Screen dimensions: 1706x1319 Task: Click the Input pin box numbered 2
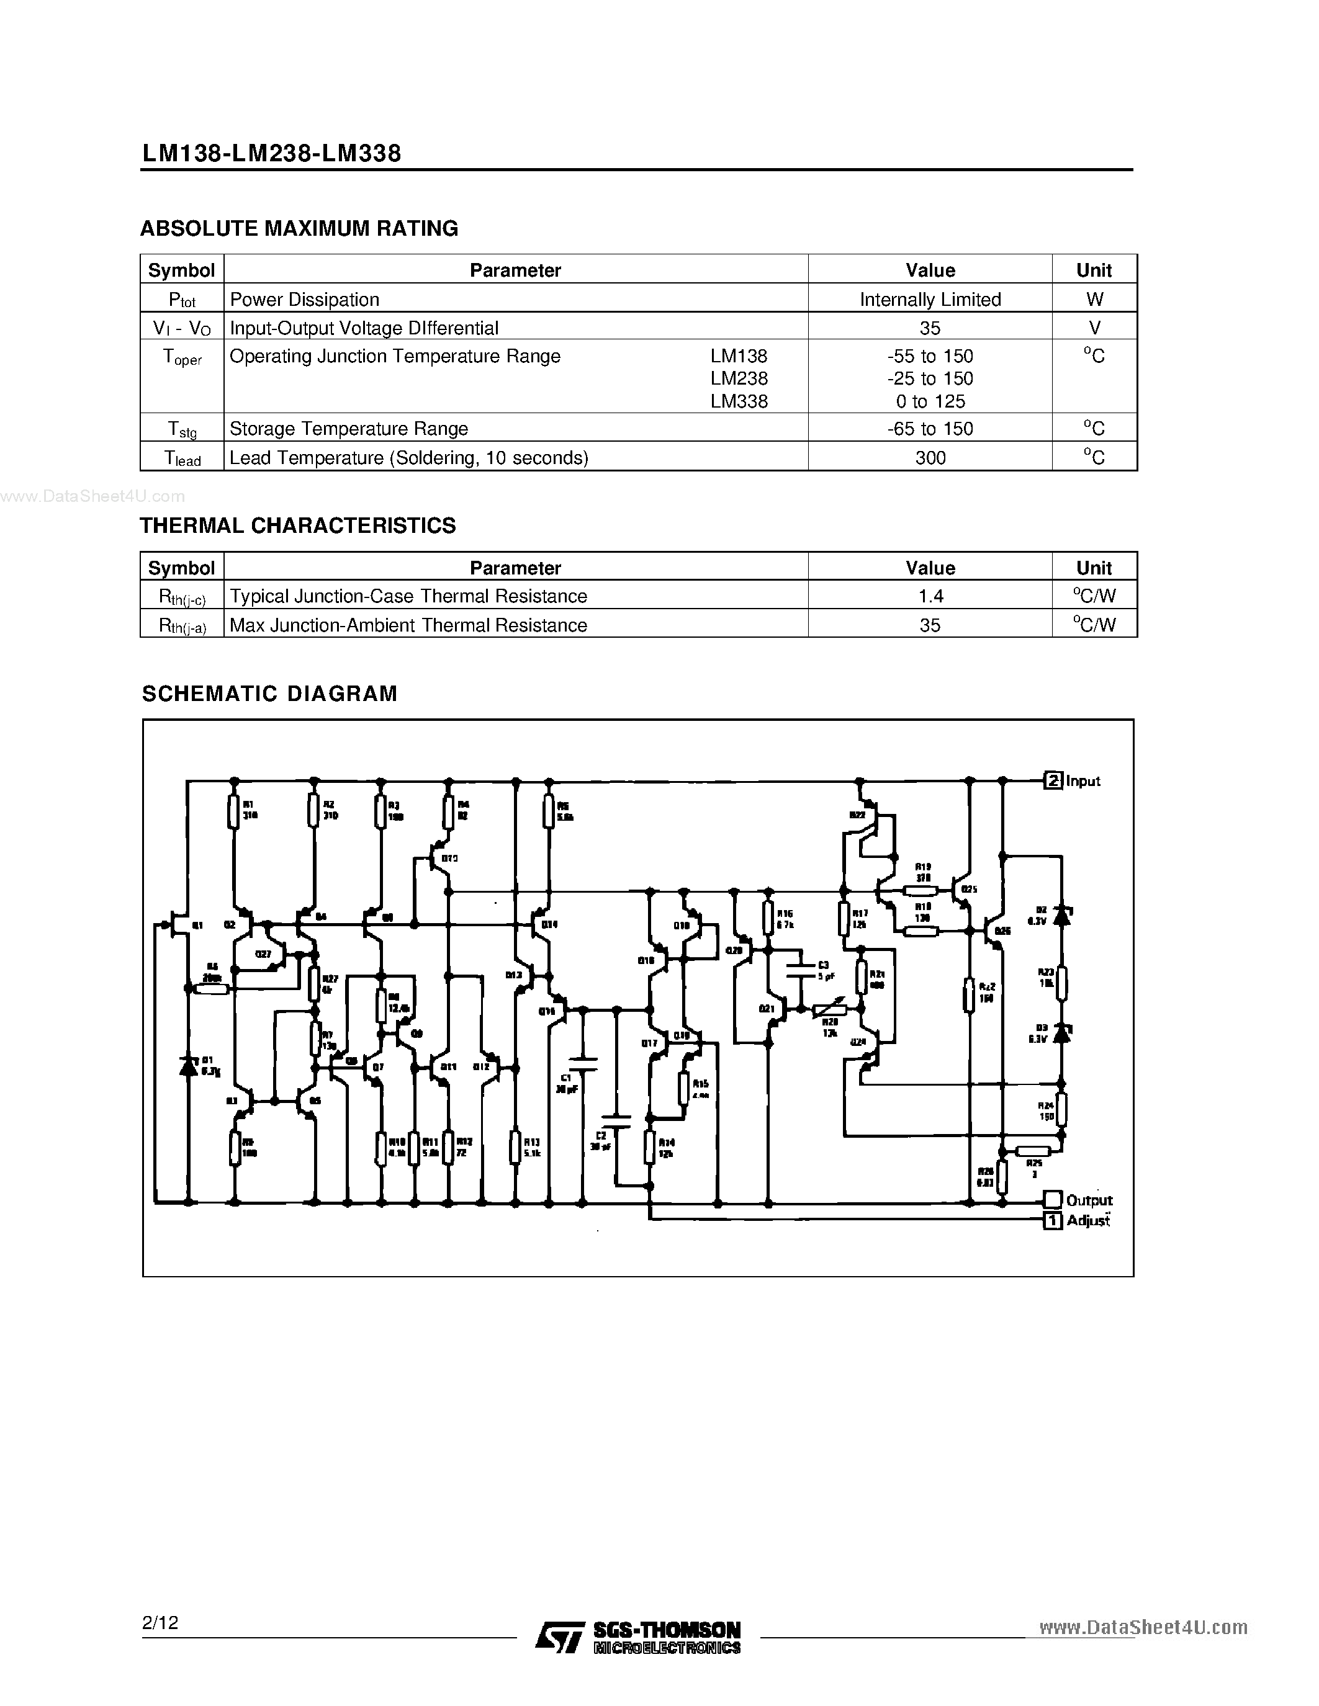1053,780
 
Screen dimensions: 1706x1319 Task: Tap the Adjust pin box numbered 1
1053,1220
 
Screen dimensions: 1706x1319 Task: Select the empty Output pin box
1053,1199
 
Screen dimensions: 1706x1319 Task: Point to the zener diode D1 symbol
187,1065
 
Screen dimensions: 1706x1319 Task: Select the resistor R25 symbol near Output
1033,1150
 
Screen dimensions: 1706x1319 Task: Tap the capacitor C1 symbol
582,1063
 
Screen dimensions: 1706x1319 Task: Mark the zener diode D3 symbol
1061,1033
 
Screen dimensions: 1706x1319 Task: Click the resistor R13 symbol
515,1146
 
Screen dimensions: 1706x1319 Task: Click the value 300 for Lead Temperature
930,458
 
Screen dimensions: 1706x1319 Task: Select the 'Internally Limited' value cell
930,299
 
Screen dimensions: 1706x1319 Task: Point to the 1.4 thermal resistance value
930,596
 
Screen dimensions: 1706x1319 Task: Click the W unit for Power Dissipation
1094,299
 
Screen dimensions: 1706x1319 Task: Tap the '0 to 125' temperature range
930,401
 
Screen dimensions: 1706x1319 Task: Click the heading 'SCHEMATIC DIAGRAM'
269,694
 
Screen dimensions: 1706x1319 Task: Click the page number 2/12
160,1622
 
